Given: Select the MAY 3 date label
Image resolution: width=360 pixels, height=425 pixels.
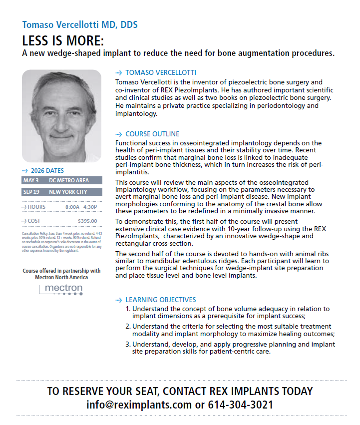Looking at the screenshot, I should tap(31, 180).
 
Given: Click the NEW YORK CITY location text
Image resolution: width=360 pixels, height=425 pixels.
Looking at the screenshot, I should tap(68, 192).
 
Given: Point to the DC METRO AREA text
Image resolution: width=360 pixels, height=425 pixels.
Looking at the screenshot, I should tap(69, 180).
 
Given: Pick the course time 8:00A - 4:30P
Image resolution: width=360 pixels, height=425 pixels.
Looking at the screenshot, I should tap(81, 207).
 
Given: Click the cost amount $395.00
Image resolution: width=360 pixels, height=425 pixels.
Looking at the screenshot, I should tap(87, 221).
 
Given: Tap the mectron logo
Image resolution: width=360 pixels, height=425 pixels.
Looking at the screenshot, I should tap(61, 289).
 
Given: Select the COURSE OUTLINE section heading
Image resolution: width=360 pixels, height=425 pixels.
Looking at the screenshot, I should tap(152, 134).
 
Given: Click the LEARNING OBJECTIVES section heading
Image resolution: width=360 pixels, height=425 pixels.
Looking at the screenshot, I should tap(160, 300).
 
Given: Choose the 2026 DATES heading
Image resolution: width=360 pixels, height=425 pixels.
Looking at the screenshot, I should tap(46, 170).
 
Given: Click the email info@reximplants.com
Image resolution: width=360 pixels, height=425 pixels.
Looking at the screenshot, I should tap(139, 404).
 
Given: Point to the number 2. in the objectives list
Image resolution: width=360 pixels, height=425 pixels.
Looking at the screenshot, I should tap(128, 327).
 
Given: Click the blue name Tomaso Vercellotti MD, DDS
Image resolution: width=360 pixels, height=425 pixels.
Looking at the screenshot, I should tap(80, 24).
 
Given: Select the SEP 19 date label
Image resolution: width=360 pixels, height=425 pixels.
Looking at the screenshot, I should tap(31, 192).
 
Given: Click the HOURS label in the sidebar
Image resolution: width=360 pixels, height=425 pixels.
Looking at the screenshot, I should tap(37, 207).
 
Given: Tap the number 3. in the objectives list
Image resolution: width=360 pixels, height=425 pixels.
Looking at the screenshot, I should tap(128, 344).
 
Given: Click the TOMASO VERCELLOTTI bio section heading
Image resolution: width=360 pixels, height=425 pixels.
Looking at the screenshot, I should tap(160, 72).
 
